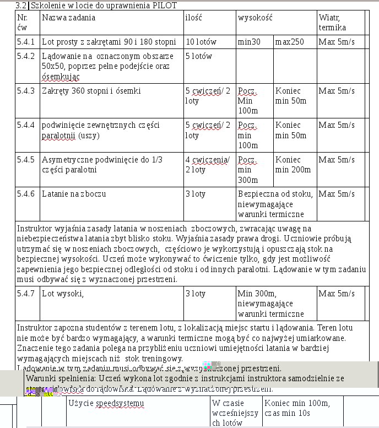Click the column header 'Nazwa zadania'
point(68,18)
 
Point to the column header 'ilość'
point(193,18)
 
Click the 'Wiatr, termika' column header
point(333,22)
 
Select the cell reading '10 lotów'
point(201,42)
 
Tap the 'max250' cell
point(289,42)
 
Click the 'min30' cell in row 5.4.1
point(249,42)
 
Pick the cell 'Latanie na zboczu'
point(74,194)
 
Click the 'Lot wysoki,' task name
point(63,294)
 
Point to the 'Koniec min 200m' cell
point(293,165)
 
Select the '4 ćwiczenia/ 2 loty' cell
point(207,165)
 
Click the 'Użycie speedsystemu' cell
point(105,403)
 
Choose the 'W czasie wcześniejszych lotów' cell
point(235,413)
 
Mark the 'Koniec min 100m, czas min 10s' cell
point(297,408)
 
